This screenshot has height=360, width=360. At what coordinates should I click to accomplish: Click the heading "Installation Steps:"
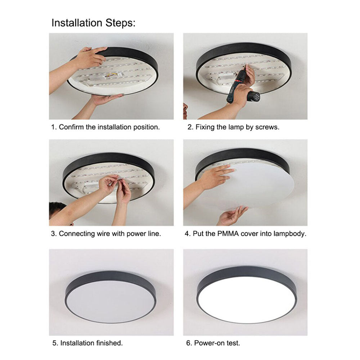pyautogui.click(x=94, y=23)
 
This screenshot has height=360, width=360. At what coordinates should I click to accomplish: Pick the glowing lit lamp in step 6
pyautogui.click(x=247, y=295)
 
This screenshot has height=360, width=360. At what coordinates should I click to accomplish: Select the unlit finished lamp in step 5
pyautogui.click(x=111, y=297)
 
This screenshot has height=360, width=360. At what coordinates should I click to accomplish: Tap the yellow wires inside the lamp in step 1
pyautogui.click(x=111, y=75)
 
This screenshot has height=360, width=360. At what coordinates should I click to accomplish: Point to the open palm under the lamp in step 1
pyautogui.click(x=104, y=99)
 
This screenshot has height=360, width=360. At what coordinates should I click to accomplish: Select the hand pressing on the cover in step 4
pyautogui.click(x=216, y=177)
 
